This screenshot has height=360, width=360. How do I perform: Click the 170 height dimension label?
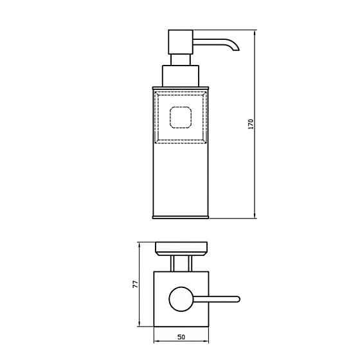[x=251, y=123]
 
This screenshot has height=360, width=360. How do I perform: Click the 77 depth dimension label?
[x=136, y=284]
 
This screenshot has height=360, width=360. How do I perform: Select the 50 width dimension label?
[x=181, y=337]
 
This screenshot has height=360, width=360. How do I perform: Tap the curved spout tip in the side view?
[x=237, y=49]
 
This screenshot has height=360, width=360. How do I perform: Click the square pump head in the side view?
[x=181, y=42]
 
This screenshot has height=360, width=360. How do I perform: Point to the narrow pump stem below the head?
[x=181, y=60]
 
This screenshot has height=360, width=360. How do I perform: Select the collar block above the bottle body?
[x=181, y=76]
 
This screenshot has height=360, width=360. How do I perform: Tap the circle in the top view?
[x=181, y=299]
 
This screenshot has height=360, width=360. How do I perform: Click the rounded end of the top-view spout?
[x=239, y=299]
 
